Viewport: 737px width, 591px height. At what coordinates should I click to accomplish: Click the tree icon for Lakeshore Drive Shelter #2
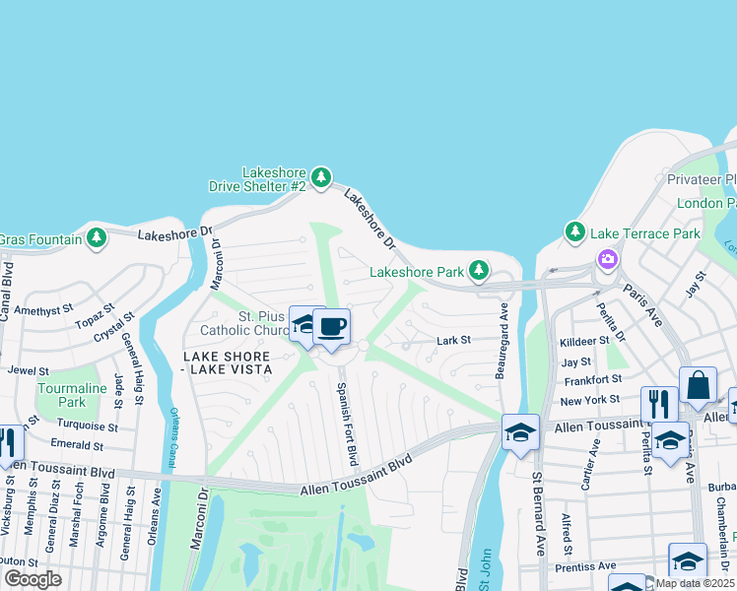pyautogui.click(x=320, y=177)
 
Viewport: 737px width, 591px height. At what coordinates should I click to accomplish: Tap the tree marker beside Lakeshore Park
pyautogui.click(x=478, y=270)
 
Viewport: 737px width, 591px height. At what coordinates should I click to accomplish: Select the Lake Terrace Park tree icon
pyautogui.click(x=575, y=233)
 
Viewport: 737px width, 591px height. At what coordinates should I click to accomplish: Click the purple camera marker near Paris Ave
pyautogui.click(x=607, y=259)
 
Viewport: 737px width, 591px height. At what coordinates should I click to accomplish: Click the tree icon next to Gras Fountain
pyautogui.click(x=96, y=237)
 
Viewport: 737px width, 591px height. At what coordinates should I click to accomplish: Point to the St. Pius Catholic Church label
pyautogui.click(x=242, y=323)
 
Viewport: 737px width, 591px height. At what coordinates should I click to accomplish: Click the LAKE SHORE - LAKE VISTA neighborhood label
pyautogui.click(x=226, y=361)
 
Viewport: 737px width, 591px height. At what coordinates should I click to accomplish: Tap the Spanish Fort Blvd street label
pyautogui.click(x=346, y=424)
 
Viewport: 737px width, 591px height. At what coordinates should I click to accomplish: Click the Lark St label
pyautogui.click(x=454, y=341)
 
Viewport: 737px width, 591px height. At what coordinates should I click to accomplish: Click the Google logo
pyautogui.click(x=33, y=578)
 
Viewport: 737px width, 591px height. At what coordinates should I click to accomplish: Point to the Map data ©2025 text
pyautogui.click(x=695, y=583)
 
